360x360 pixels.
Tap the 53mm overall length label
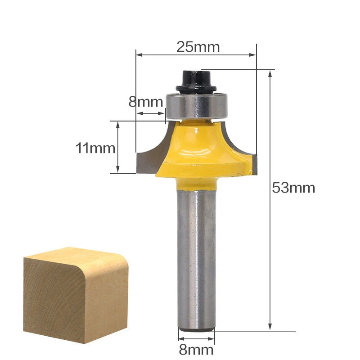click(x=293, y=188)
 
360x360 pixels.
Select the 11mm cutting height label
click(x=95, y=148)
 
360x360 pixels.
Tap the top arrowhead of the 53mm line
click(x=270, y=73)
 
